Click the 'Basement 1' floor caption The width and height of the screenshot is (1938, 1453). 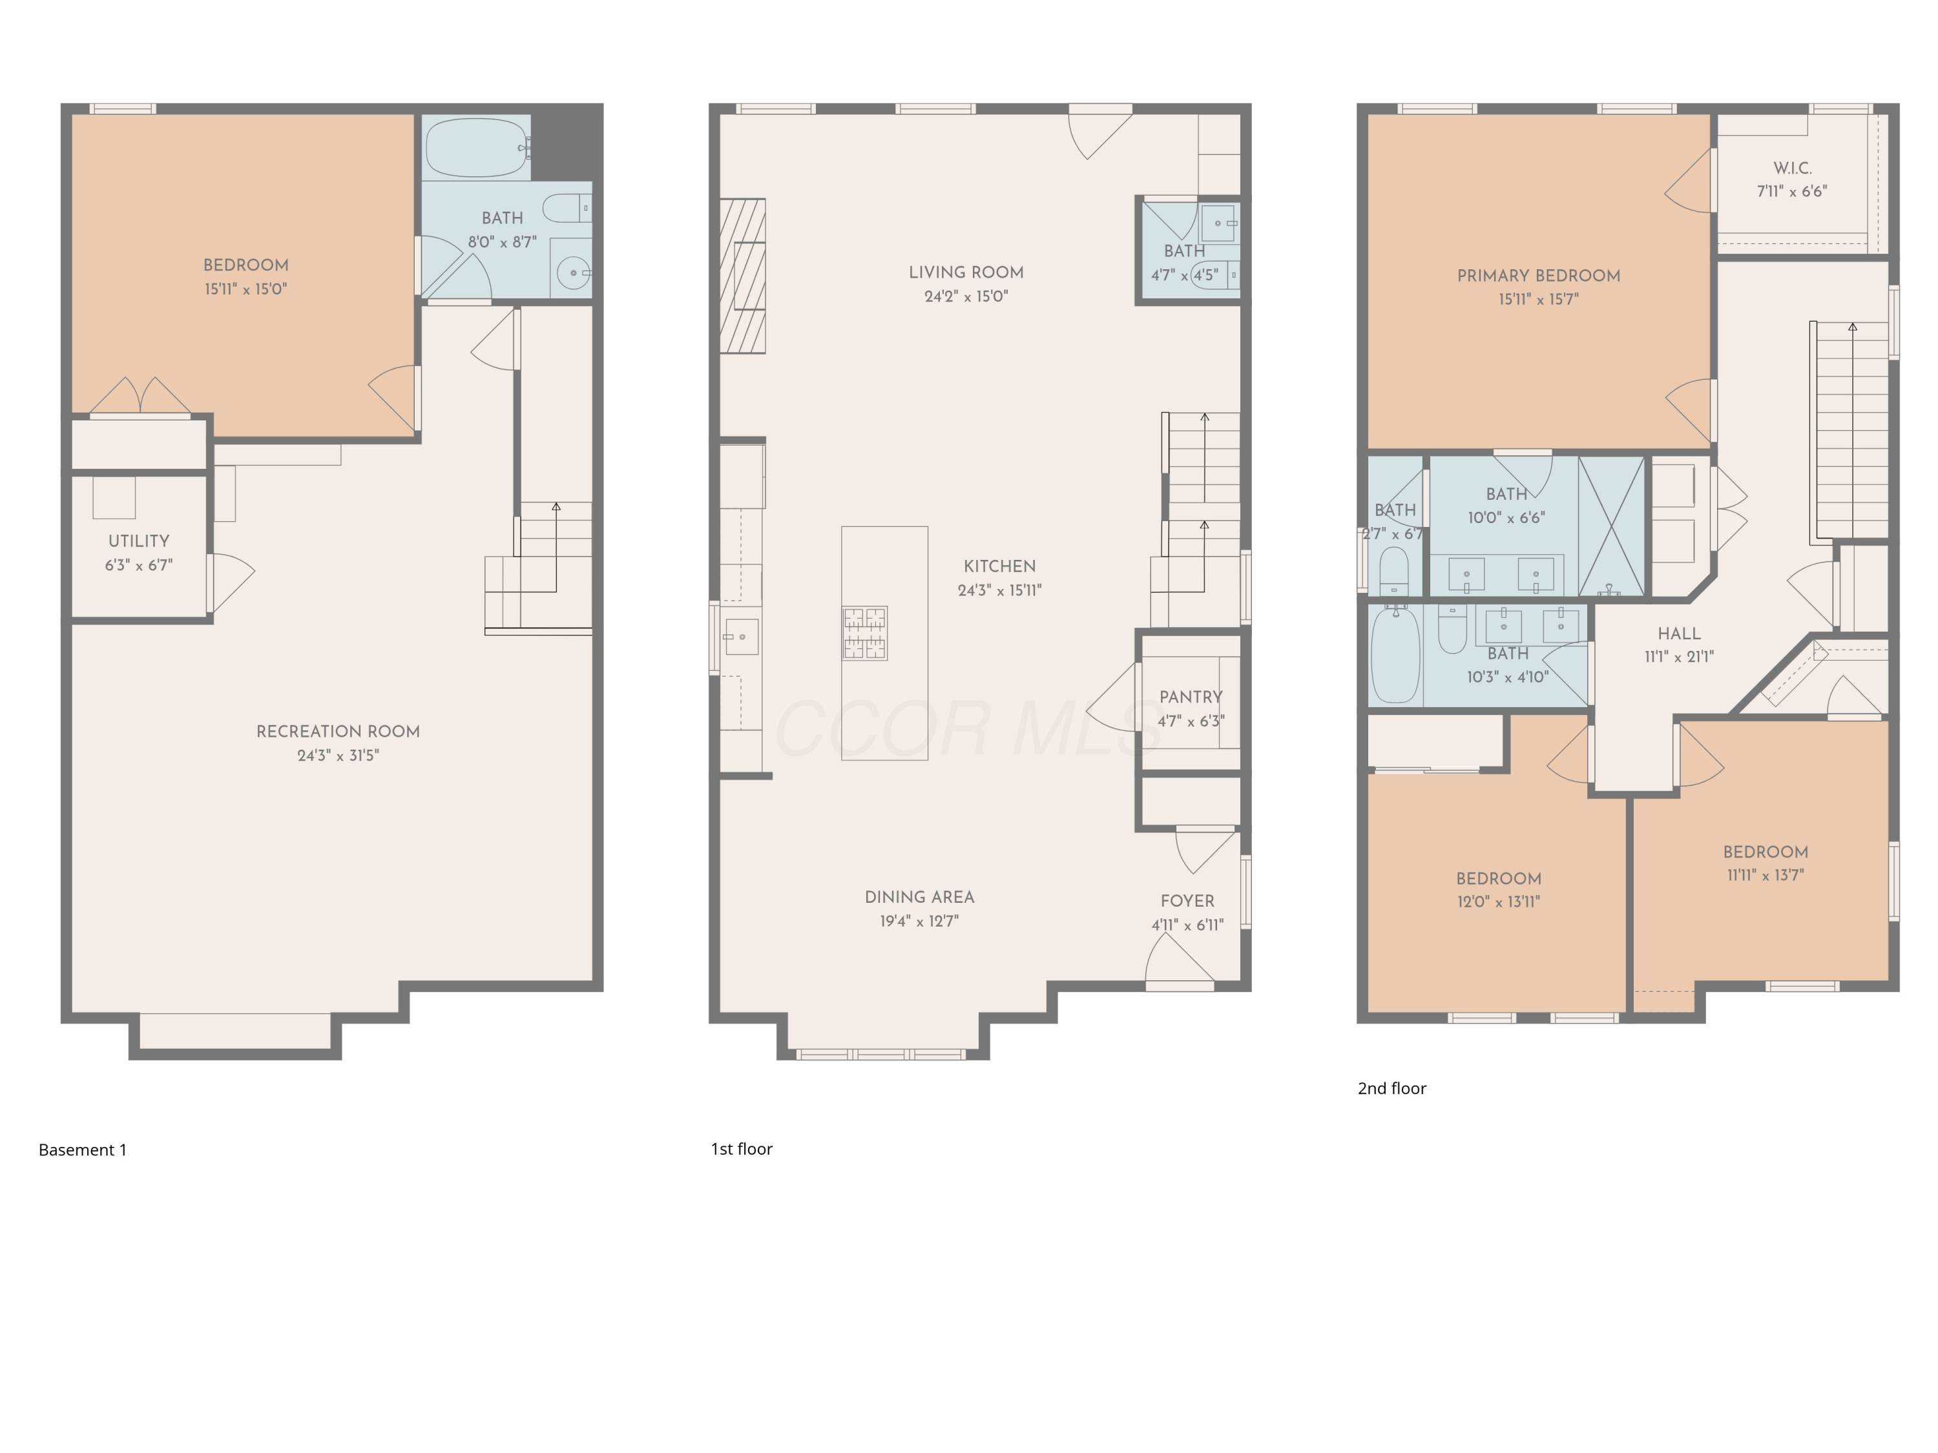82,1150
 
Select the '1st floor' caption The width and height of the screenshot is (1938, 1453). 741,1149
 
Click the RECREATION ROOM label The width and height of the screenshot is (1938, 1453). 337,731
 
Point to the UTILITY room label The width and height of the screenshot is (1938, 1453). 138,541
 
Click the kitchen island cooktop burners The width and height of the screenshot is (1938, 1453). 864,632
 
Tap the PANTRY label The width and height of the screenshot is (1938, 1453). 1190,697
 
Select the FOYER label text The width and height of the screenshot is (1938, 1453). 1187,902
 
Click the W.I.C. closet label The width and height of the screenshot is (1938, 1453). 1792,168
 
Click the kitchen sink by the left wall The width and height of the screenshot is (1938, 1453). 741,637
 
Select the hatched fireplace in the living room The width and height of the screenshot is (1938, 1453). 742,276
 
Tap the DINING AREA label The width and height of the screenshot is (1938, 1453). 919,897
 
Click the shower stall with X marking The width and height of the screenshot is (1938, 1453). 1611,526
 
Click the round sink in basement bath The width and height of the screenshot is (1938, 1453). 573,273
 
